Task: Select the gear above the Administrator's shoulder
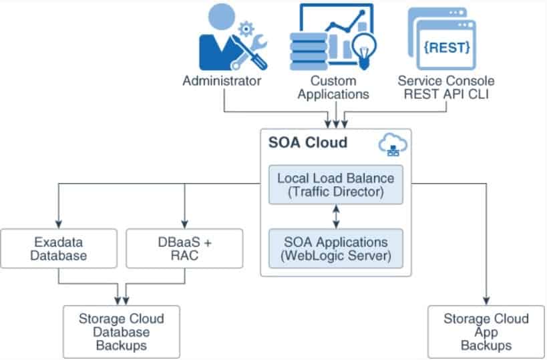(246, 29)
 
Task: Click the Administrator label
(222, 81)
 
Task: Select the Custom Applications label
(333, 87)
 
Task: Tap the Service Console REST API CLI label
(446, 87)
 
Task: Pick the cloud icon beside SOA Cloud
(392, 144)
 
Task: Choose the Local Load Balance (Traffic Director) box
(336, 185)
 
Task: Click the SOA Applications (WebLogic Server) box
(336, 248)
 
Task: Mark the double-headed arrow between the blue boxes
(336, 216)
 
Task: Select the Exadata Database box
(59, 248)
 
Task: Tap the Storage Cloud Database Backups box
(122, 331)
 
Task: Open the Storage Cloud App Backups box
(486, 331)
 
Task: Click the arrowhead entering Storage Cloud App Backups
(486, 301)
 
